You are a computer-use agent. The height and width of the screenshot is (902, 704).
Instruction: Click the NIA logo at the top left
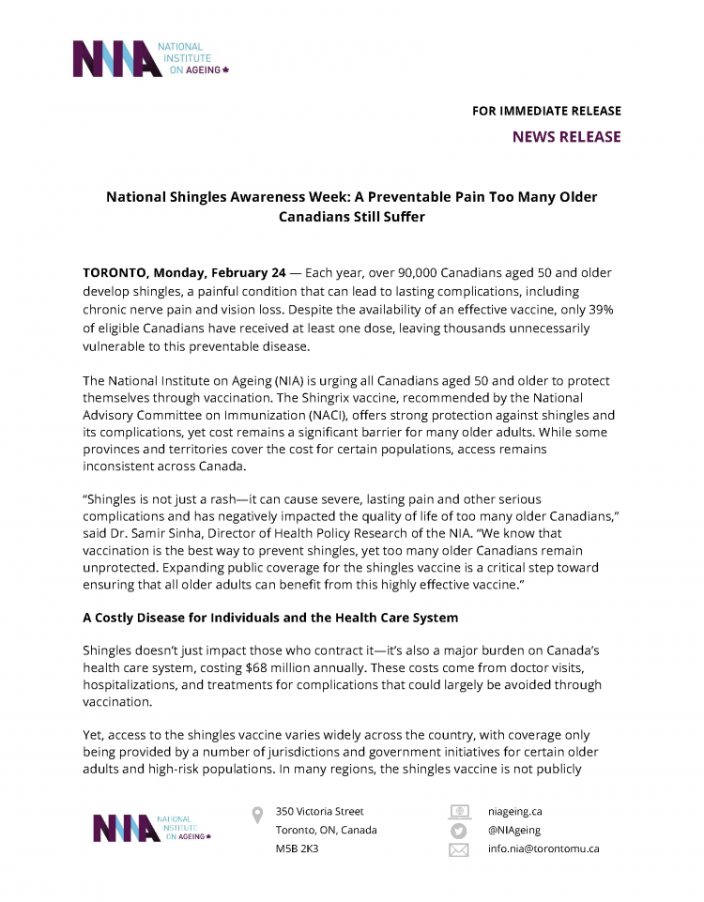pos(150,59)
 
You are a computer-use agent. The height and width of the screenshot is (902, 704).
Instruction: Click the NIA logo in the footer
pos(152,828)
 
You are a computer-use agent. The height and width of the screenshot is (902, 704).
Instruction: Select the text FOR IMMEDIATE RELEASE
pos(546,111)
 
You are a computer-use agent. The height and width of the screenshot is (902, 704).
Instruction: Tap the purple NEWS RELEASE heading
pos(566,137)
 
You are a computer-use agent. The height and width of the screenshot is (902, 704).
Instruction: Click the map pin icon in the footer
pos(257,815)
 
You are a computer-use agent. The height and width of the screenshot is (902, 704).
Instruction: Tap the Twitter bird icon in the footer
pos(458,831)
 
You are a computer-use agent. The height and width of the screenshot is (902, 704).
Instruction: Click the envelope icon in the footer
pos(458,850)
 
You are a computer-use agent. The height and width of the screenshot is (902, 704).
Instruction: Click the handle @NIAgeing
pos(514,831)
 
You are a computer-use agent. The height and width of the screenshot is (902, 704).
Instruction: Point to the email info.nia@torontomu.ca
pos(543,849)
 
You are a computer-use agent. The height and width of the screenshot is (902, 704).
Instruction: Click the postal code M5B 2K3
pos(297,849)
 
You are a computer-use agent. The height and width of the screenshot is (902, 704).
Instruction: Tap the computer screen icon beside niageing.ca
pos(458,812)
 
